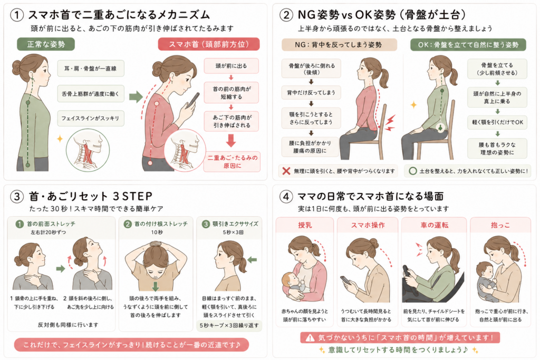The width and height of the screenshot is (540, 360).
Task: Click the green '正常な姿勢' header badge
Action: tap(46, 44)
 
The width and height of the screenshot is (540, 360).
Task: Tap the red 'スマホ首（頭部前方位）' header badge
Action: tap(209, 44)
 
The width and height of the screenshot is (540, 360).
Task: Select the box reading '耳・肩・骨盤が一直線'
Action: tap(91, 68)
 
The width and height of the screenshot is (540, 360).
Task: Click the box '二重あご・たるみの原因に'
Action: tap(232, 162)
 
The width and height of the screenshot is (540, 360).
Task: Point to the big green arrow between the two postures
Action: tap(136, 96)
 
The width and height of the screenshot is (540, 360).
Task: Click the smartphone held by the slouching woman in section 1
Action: tap(193, 100)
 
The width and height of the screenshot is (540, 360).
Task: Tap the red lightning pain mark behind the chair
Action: tap(390, 123)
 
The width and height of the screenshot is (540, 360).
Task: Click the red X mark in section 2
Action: tap(286, 171)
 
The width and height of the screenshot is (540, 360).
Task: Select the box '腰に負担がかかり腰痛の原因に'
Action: tap(310, 147)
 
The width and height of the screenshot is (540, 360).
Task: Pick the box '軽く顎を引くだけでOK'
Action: tap(497, 122)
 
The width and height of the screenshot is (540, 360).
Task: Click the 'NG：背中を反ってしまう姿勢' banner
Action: tap(339, 45)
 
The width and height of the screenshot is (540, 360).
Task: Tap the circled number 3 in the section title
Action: tap(17, 197)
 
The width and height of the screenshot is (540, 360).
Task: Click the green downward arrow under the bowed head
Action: tap(156, 286)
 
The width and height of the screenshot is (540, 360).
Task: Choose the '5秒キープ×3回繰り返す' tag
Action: tap(229, 325)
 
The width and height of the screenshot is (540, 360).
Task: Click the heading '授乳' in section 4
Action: tap(305, 225)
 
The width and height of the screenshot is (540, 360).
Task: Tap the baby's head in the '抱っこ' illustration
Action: tap(485, 269)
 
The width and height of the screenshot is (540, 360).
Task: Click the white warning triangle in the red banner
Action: tap(310, 338)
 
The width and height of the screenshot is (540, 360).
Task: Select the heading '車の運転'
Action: tap(435, 225)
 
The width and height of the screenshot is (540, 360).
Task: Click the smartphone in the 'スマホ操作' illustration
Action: tap(346, 280)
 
